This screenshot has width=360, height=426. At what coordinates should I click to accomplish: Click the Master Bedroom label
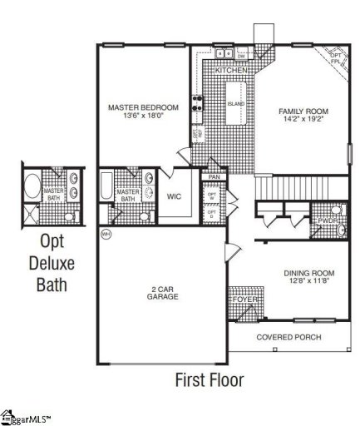pos(144,107)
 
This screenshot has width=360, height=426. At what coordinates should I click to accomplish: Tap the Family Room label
pos(305,110)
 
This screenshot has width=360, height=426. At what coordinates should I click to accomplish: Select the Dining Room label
pos(308,274)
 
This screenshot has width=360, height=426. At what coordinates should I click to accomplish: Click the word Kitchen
pos(230,72)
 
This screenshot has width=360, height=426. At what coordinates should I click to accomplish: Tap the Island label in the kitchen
pos(235,104)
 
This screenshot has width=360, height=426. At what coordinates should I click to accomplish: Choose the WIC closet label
pos(174,196)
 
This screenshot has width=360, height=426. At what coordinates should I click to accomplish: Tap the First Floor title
pos(210,380)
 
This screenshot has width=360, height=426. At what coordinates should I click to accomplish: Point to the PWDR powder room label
pos(327,220)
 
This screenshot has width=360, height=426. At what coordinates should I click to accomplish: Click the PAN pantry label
pos(214,177)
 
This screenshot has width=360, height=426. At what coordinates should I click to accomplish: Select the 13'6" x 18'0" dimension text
pos(143,117)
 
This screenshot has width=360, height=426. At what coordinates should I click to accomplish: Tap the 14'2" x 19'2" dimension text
pos(305,119)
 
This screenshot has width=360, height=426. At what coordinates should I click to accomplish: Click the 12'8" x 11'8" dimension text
pos(308,283)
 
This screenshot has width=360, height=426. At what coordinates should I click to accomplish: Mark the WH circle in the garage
pos(106,235)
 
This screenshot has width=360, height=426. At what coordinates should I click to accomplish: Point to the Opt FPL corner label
pos(334,57)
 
